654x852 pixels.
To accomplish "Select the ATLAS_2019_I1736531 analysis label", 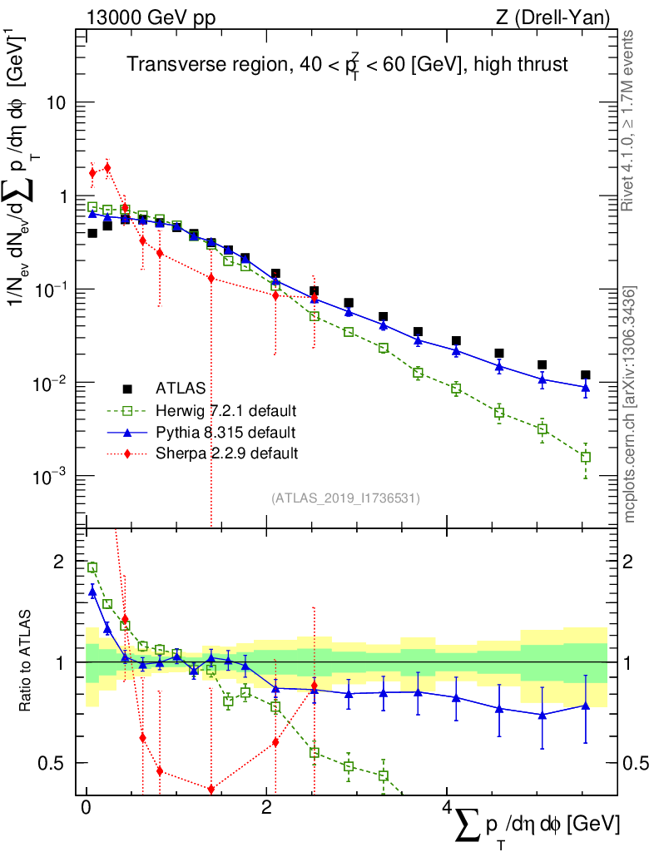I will [x=345, y=498].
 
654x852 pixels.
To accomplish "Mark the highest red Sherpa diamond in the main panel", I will [x=107, y=167].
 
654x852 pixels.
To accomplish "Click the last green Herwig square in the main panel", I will [x=586, y=457].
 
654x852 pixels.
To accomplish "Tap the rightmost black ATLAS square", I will [x=586, y=375].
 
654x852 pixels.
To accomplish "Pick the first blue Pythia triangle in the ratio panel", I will [x=92, y=591].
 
